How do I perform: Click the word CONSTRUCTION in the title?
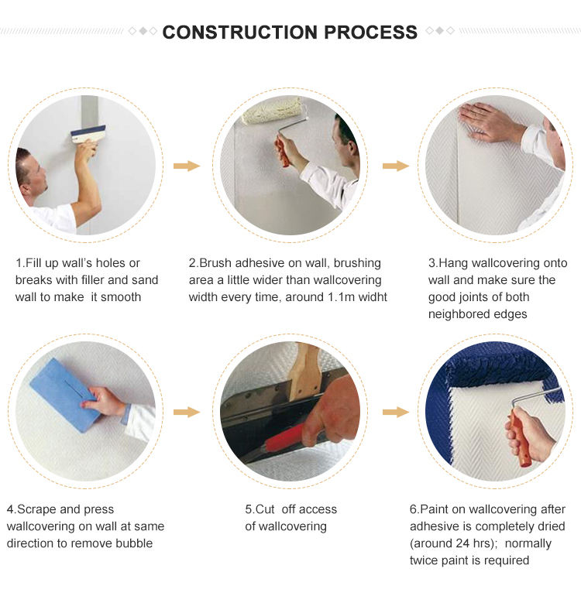point(239,33)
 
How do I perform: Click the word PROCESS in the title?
point(370,33)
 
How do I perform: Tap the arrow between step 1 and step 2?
point(187,166)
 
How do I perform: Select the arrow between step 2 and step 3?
point(396,166)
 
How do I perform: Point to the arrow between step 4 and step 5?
point(187,412)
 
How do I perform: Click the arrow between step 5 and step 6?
point(396,412)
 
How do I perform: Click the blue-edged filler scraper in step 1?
point(88,134)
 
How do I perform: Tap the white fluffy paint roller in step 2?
point(272,110)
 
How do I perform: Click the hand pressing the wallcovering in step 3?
point(491,122)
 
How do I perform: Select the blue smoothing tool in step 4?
point(64,396)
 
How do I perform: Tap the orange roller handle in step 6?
point(520,437)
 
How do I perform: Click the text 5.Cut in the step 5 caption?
point(260,509)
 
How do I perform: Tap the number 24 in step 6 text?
point(462,543)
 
